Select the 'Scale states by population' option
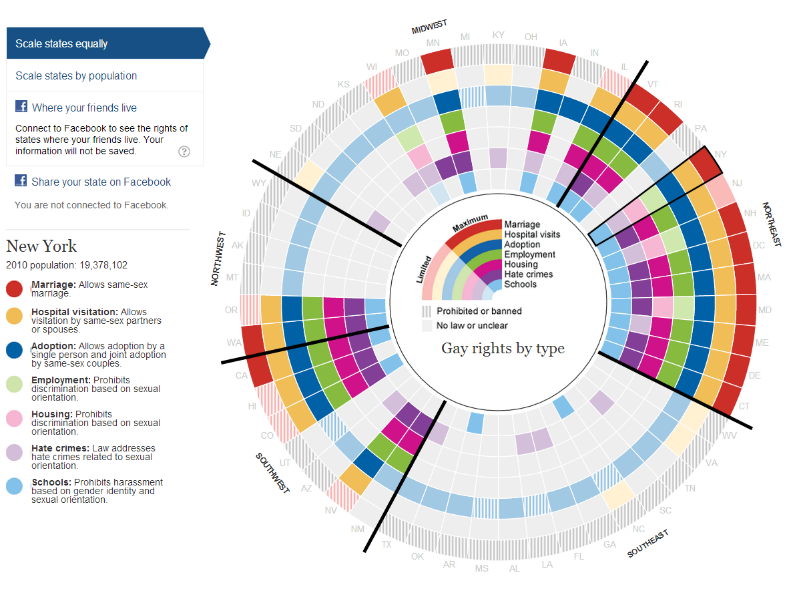click(76, 76)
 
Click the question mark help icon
click(184, 152)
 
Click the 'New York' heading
click(41, 246)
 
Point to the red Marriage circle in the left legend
click(15, 288)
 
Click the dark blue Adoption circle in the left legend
click(15, 351)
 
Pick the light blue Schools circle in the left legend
click(15, 485)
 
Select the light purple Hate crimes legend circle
click(15, 451)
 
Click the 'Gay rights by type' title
click(503, 348)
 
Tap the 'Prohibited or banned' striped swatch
click(425, 311)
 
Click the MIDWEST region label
click(429, 27)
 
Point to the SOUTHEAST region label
click(647, 544)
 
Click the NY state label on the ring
click(720, 154)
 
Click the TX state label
click(386, 544)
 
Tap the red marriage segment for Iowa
click(559, 61)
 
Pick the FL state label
click(579, 556)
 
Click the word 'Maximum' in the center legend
click(469, 225)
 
